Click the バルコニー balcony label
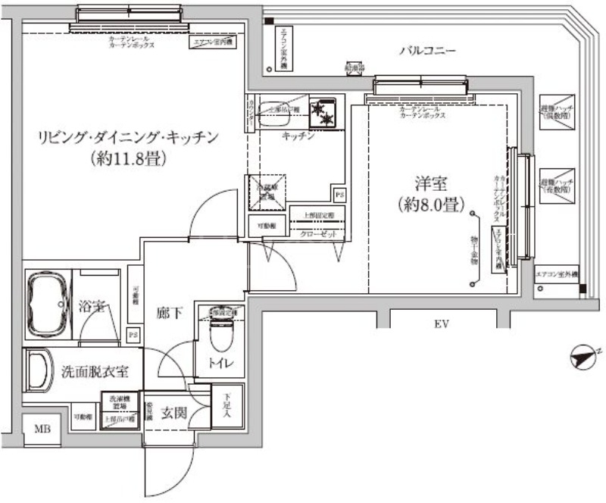point(428,52)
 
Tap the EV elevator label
point(442,325)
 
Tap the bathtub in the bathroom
point(47,301)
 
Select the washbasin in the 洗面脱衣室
point(36,371)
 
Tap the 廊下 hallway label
point(168,312)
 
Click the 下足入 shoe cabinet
point(227,408)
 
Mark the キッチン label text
point(298,136)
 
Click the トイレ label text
point(221,364)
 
